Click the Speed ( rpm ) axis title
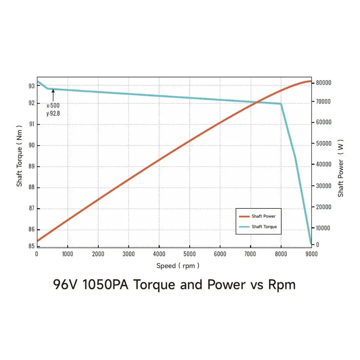click(x=178, y=266)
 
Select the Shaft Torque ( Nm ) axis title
click(x=19, y=156)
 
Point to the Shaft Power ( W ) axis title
click(x=341, y=168)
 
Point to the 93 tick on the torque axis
click(x=32, y=86)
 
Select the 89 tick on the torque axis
click(x=32, y=166)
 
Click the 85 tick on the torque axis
click(x=32, y=246)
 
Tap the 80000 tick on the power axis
click(x=323, y=83)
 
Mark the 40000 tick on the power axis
click(x=323, y=164)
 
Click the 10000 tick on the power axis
click(x=323, y=228)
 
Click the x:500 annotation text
click(x=53, y=105)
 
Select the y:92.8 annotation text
click(x=53, y=113)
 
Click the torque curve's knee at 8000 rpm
click(x=281, y=104)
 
